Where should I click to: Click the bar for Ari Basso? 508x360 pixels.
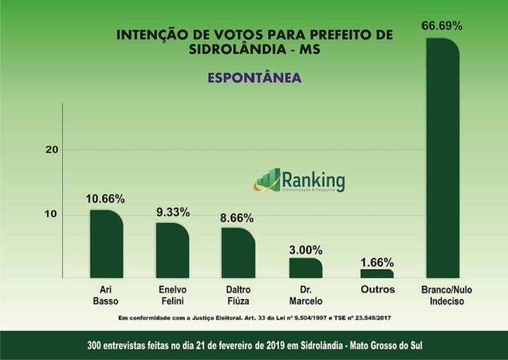[x=106, y=244]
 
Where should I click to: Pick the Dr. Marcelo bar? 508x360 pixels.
[x=305, y=268]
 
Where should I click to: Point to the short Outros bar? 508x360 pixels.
[x=377, y=274]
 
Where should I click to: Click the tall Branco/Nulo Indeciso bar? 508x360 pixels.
[x=443, y=159]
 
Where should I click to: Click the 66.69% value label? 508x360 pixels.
[x=442, y=26]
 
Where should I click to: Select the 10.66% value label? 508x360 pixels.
[x=105, y=199]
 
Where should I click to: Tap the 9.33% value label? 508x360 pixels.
[x=173, y=212]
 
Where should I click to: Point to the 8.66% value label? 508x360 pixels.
[x=237, y=218]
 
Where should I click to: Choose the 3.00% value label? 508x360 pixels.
[x=305, y=249]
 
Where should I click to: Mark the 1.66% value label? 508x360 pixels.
[x=377, y=261]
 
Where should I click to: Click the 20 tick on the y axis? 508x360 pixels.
[x=51, y=150]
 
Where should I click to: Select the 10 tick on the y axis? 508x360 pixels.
[x=51, y=215]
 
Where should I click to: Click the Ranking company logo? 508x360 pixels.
[x=299, y=180]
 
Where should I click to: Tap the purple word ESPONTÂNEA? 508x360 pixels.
[x=253, y=77]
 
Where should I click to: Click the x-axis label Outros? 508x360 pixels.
[x=377, y=290]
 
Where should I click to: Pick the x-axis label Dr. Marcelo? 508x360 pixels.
[x=306, y=295]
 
